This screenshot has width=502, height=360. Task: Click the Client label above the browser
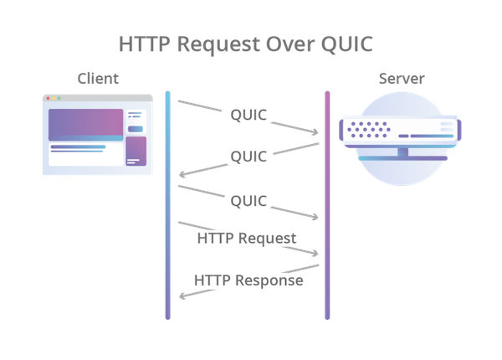pyautogui.click(x=97, y=80)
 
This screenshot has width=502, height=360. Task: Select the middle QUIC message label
pyautogui.click(x=248, y=157)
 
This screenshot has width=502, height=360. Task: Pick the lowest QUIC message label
pyautogui.click(x=248, y=201)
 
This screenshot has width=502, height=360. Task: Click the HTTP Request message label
pyautogui.click(x=245, y=239)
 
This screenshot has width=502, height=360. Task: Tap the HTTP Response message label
pyautogui.click(x=248, y=280)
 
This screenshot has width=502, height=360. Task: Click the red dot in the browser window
pyautogui.click(x=48, y=99)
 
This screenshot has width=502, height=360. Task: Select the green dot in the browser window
pyautogui.click(x=59, y=99)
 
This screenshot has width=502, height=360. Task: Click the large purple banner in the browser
pyautogui.click(x=85, y=125)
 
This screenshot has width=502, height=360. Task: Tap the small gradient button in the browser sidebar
pyautogui.click(x=136, y=129)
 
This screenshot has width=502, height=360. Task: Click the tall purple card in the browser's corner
pyautogui.click(x=136, y=152)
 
